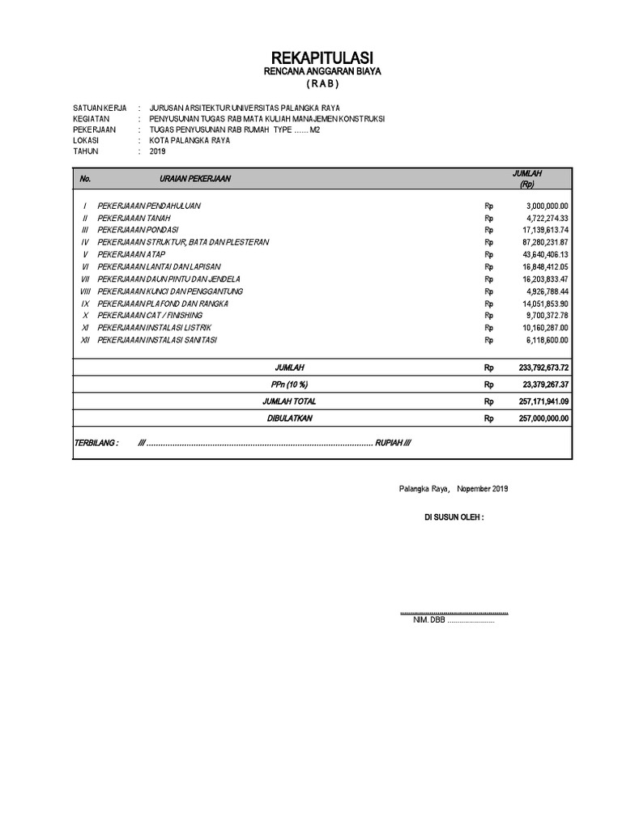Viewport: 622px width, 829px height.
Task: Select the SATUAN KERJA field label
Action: (x=100, y=107)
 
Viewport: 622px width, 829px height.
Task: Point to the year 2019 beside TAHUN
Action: (x=157, y=151)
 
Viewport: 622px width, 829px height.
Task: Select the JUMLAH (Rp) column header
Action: (x=527, y=179)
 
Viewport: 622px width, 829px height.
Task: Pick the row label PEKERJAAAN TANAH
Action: (x=133, y=218)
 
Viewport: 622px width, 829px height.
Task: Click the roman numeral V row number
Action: (x=85, y=254)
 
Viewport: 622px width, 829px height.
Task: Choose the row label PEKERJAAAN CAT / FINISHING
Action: (x=150, y=315)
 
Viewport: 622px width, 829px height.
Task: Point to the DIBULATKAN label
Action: (x=289, y=419)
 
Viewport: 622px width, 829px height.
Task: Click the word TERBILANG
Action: (x=96, y=444)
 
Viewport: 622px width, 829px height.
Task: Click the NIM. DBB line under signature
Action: (x=453, y=620)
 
